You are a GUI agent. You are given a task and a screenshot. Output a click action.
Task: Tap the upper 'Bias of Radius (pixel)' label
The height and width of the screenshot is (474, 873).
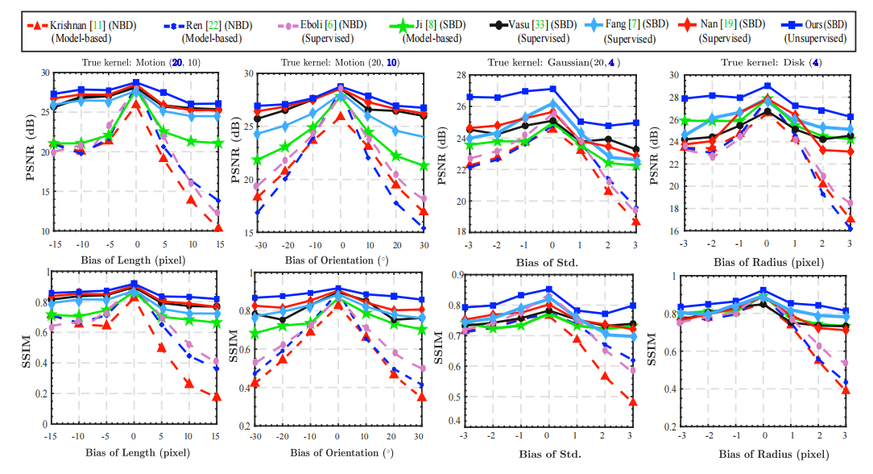(x=766, y=262)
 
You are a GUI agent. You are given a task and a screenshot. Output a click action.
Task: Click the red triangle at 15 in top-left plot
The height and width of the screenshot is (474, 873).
(x=217, y=228)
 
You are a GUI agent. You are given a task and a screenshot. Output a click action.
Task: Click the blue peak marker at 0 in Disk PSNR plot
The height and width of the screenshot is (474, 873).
(x=767, y=85)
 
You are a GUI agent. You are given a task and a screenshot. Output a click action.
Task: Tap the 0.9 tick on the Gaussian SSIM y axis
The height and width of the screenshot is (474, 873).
(x=456, y=275)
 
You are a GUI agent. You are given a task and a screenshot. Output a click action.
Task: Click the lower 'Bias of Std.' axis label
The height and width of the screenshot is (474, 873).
(x=548, y=455)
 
